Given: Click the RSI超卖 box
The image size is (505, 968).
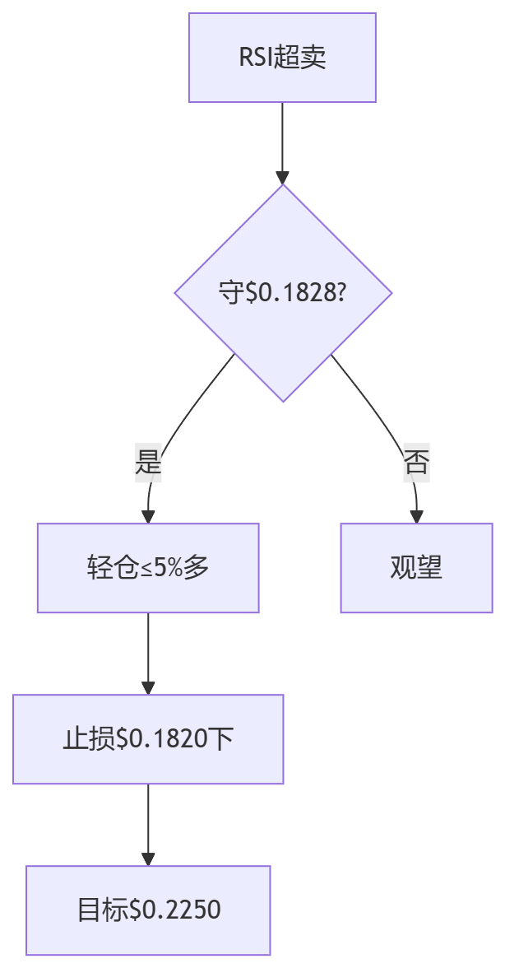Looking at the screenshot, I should [282, 58].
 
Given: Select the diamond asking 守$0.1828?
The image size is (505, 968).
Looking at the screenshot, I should [282, 293].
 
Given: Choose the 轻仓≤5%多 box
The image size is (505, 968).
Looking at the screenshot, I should [148, 568].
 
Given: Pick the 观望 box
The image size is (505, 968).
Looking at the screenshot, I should [416, 568].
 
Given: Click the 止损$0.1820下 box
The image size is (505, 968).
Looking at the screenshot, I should [148, 739].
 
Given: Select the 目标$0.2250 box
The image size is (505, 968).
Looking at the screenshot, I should [148, 910].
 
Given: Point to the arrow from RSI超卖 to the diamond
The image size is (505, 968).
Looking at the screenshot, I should [282, 140].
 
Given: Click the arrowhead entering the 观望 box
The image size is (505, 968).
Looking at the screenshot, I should [416, 516].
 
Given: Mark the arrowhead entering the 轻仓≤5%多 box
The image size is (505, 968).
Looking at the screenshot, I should [148, 516].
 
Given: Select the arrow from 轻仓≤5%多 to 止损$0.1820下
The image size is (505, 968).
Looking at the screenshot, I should [148, 650].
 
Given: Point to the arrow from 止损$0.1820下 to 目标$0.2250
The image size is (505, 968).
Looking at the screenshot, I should [148, 823].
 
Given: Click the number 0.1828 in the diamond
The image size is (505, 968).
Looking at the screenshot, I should [292, 294].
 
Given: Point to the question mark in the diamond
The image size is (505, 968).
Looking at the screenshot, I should [339, 294].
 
